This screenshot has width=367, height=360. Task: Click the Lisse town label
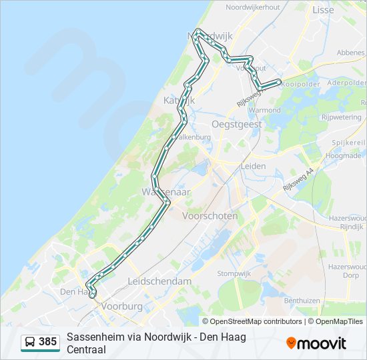tap(322, 10)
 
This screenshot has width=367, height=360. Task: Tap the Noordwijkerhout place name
tap(252, 7)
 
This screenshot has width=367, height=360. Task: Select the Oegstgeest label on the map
tap(236, 124)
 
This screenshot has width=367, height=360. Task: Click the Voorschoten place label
tap(210, 216)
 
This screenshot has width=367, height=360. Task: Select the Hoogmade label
tap(343, 155)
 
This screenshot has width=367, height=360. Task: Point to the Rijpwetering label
tap(341, 117)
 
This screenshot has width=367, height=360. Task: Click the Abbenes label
tap(351, 52)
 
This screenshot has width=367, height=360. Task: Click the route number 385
tap(47, 342)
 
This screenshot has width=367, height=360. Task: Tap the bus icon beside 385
tap(30, 343)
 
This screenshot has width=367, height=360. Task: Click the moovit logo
tap(316, 343)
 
